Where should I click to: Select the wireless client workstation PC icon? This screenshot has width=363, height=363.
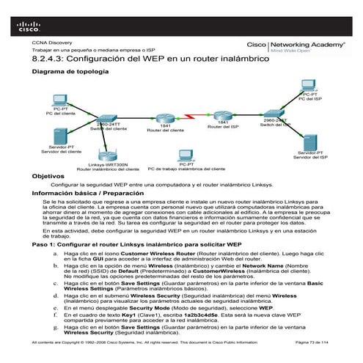[185, 156]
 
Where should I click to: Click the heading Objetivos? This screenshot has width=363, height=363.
[45, 177]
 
